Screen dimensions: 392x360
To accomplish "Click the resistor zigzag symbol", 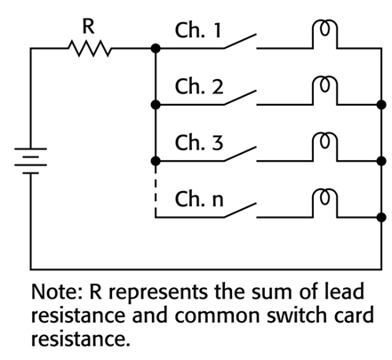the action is tap(90, 48).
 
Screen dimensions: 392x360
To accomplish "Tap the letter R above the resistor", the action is tap(88, 27).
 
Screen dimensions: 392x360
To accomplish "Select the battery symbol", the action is tap(30, 161).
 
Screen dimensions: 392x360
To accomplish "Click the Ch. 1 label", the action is tap(198, 30).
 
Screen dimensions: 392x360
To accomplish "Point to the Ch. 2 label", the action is tap(198, 86).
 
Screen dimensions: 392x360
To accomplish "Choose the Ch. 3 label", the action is tap(198, 142).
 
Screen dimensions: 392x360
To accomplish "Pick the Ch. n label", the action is tap(198, 199).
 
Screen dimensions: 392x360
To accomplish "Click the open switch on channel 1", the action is tap(240, 41).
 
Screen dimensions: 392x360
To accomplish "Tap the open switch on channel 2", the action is tap(240, 98).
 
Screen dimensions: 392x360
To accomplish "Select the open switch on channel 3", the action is tap(240, 154).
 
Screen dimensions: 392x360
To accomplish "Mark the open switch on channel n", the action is tap(240, 211).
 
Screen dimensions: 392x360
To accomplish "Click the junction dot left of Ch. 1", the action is tap(156, 48).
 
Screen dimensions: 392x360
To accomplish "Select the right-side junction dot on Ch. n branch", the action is tap(381, 218).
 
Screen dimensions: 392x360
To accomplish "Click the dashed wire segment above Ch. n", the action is tap(156, 189).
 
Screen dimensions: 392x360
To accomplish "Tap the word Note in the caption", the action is tap(53, 292).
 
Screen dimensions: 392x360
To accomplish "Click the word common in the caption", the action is tap(218, 316).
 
